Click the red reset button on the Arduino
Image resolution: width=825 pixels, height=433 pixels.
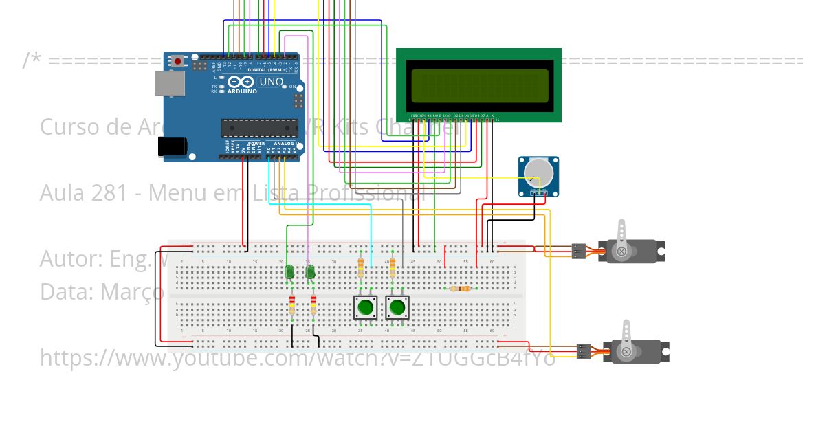coord(178,61)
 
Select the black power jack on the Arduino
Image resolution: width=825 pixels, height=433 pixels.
coord(172,146)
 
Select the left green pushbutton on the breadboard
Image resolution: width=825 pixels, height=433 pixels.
coord(365,307)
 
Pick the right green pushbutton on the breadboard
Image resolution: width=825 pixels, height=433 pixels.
coord(397,307)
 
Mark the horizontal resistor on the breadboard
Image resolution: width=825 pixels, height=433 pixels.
coord(460,289)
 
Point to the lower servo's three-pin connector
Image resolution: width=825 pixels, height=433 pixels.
coord(584,351)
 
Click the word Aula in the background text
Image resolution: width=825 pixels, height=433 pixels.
coord(62,193)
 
